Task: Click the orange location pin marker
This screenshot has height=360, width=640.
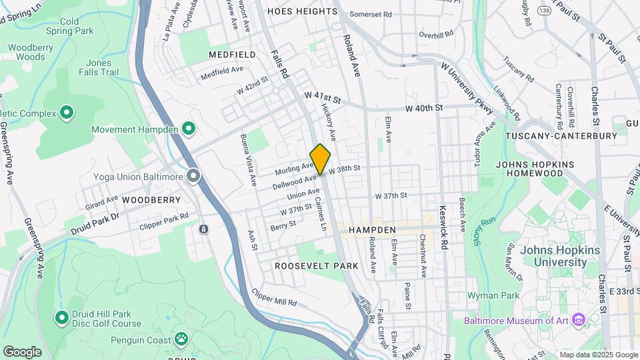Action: point(320,159)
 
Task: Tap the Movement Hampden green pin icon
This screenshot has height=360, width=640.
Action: point(189,128)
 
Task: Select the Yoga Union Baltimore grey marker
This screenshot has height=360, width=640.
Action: point(194,176)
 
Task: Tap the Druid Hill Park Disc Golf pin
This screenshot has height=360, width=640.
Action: point(62,317)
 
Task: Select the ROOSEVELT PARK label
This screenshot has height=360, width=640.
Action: point(317,266)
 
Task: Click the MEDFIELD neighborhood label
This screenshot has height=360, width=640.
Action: point(231,54)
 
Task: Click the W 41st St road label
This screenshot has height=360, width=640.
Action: point(322,98)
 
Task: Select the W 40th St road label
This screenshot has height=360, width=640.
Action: point(424,107)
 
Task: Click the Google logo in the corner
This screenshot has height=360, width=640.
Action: point(22,351)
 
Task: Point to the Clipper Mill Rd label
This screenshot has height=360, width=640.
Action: point(274,297)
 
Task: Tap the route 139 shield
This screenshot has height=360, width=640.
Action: point(545,11)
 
